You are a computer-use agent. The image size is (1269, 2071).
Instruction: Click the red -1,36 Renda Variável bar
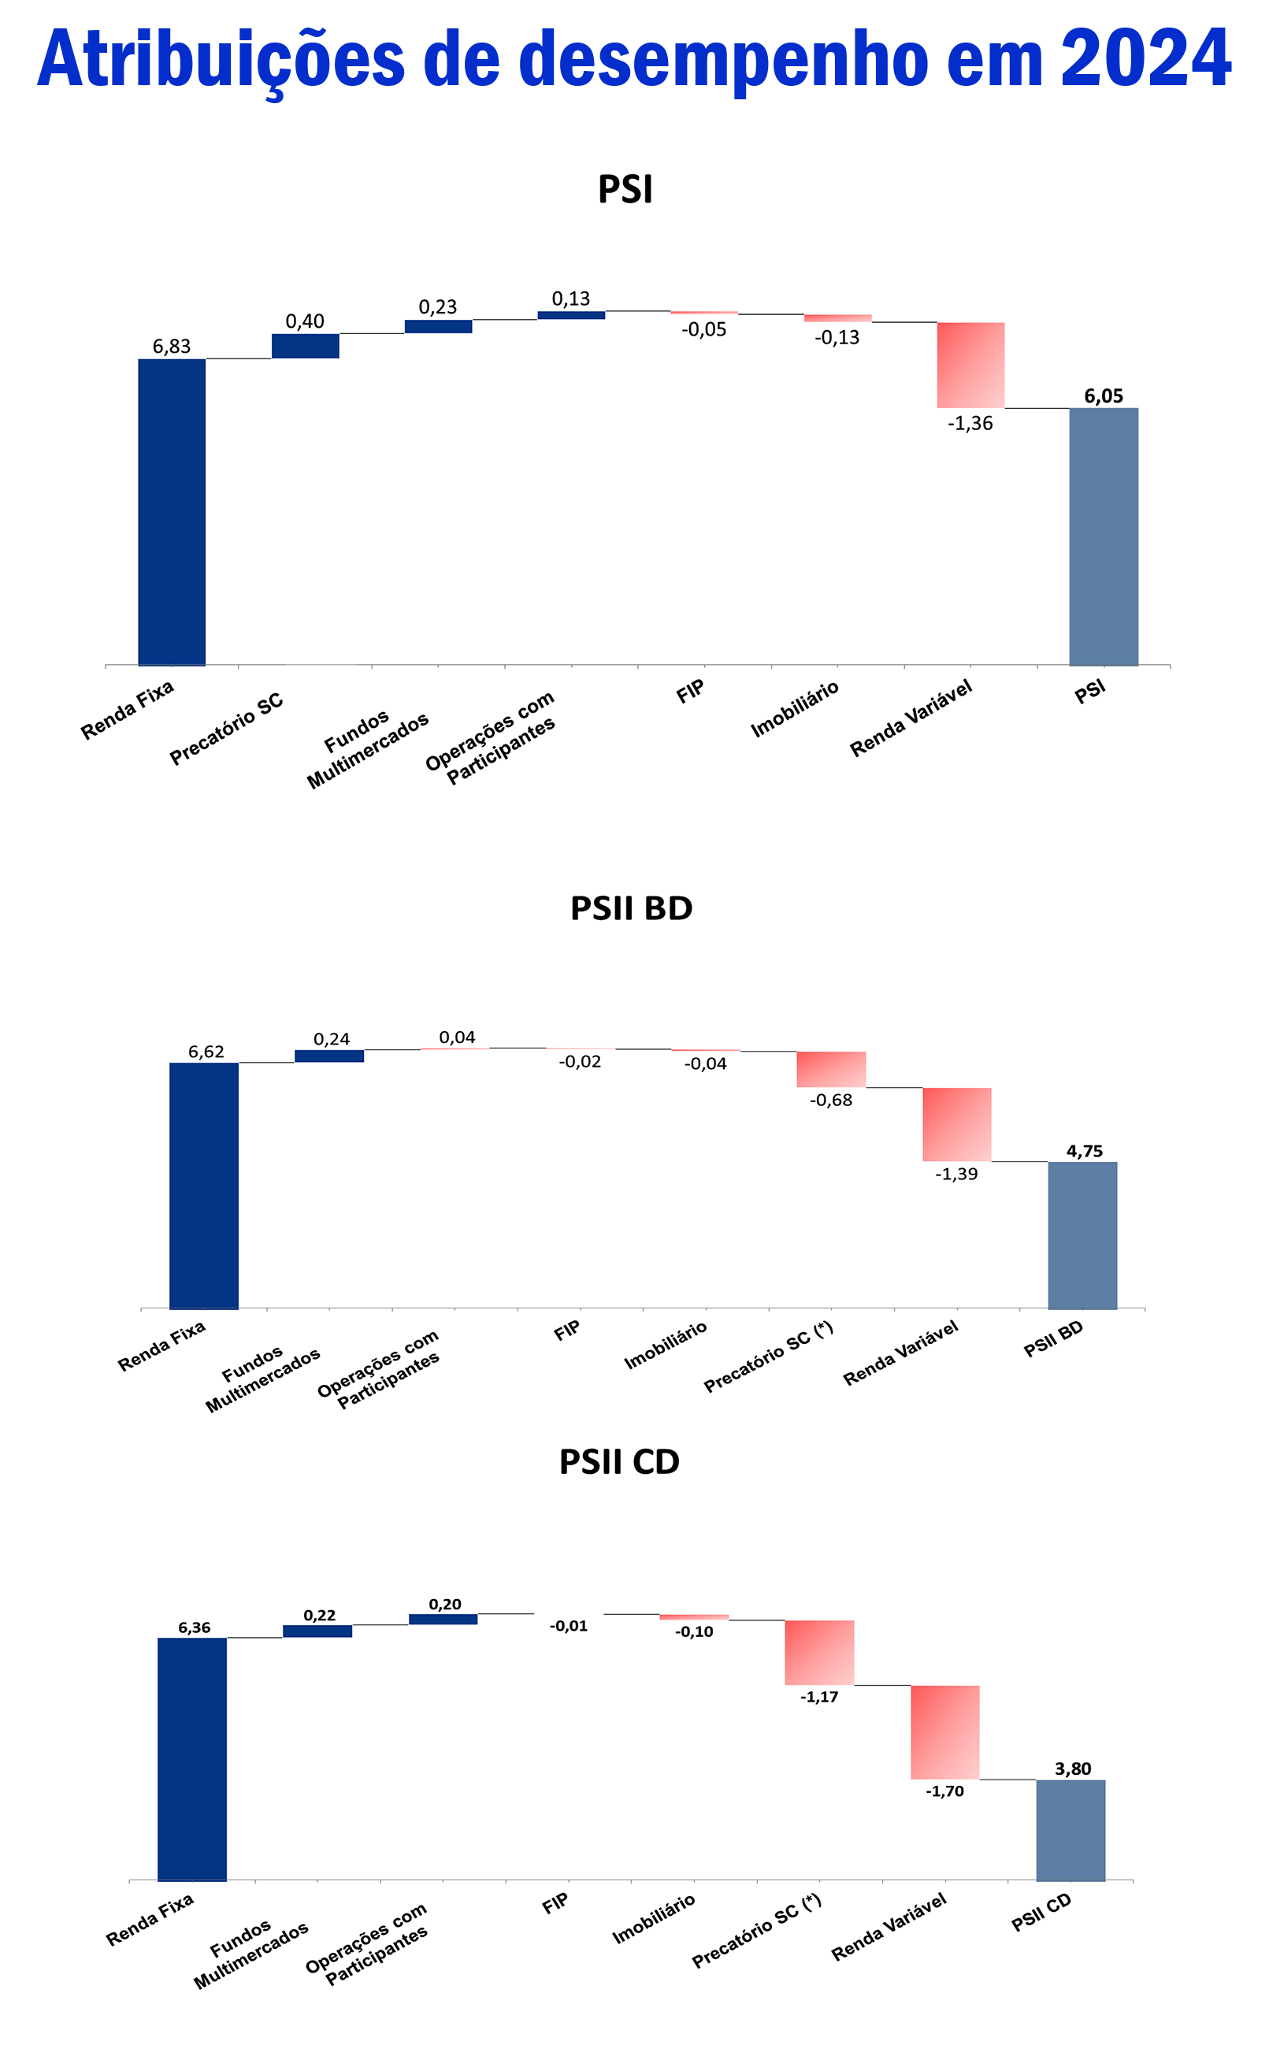tap(970, 365)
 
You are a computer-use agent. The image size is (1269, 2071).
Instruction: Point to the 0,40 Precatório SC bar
tap(305, 346)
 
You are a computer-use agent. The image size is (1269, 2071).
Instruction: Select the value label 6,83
tap(172, 347)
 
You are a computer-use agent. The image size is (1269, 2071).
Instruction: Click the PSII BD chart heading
tap(631, 907)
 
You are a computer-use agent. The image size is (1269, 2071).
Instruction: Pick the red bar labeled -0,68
tap(830, 1069)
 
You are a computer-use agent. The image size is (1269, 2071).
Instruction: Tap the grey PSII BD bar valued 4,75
tap(1082, 1234)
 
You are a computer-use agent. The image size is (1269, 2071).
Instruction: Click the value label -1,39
tap(956, 1175)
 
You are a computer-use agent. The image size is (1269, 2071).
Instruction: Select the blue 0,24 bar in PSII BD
tap(329, 1056)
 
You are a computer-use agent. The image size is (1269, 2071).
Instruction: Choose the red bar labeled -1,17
tap(819, 1653)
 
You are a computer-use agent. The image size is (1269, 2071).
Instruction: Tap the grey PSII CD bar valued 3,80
tap(1070, 1830)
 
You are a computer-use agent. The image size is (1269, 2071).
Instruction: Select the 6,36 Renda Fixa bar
tap(191, 1758)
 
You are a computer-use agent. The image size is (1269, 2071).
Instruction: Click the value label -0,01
tap(569, 1627)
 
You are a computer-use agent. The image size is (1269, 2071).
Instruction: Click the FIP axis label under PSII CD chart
tap(555, 1903)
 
